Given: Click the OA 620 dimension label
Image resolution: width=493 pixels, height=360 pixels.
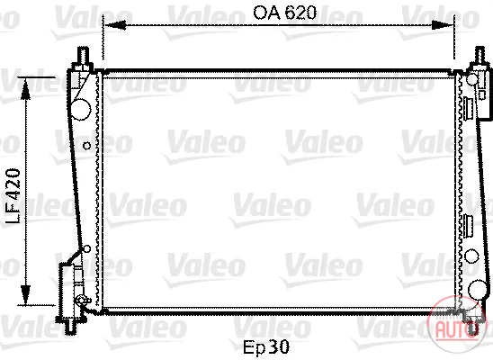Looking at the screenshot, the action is click(x=284, y=13).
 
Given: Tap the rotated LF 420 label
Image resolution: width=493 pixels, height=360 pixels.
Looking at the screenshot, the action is click(x=13, y=196).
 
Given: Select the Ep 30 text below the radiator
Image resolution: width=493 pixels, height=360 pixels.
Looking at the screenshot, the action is click(x=266, y=347).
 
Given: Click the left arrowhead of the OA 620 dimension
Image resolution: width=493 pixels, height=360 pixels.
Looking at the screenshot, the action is click(x=115, y=24).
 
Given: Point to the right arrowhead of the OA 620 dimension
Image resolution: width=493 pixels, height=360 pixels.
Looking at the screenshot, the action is click(x=442, y=24).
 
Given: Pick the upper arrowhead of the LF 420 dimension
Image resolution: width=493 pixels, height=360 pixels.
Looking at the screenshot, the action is click(x=25, y=89).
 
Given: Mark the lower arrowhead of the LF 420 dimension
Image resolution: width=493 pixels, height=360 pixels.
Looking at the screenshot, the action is click(x=25, y=294).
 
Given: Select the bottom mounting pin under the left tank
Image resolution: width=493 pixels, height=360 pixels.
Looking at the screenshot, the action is click(x=71, y=327).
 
